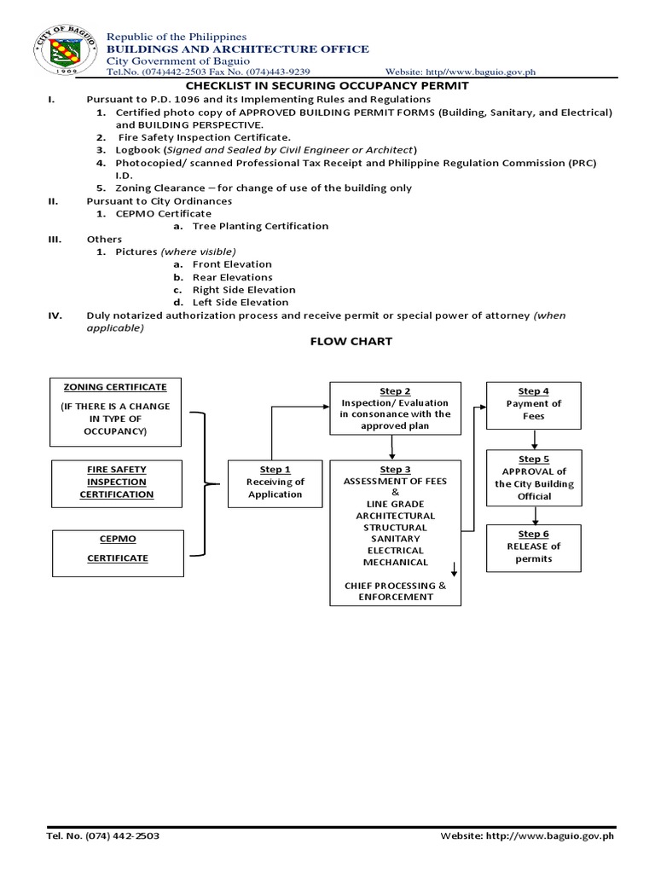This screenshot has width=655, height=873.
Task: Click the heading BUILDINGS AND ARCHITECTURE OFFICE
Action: pyautogui.click(x=237, y=49)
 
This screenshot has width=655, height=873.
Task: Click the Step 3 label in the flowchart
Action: pyautogui.click(x=395, y=470)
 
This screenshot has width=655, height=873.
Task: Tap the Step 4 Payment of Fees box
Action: pyautogui.click(x=533, y=404)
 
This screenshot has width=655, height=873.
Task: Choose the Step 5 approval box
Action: pyautogui.click(x=533, y=477)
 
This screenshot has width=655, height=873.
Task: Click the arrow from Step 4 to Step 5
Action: pyautogui.click(x=535, y=439)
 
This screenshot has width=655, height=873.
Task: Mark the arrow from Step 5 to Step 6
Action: pyautogui.click(x=535, y=516)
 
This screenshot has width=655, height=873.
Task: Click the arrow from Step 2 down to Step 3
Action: pyautogui.click(x=391, y=447)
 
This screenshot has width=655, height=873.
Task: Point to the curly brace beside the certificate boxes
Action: pyautogui.click(x=203, y=483)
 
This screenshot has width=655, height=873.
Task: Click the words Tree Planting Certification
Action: pyautogui.click(x=260, y=226)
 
